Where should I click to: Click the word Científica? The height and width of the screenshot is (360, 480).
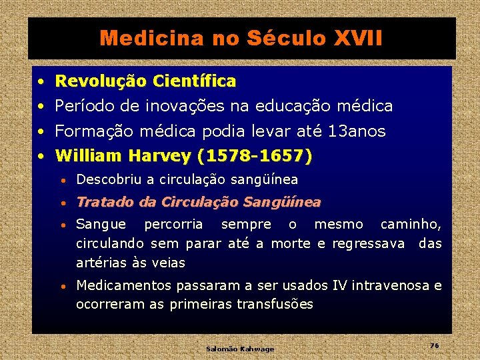[194, 81]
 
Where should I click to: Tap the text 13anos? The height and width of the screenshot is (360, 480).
[357, 131]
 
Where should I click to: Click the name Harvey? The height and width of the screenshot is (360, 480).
[159, 156]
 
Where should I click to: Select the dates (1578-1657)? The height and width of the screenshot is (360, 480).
[255, 156]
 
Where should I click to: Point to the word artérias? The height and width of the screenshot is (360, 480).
[102, 263]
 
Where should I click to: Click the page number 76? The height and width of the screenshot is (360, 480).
[434, 345]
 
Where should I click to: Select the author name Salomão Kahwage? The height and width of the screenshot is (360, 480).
[240, 349]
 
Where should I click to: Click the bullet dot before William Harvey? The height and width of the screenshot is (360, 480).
[41, 157]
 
